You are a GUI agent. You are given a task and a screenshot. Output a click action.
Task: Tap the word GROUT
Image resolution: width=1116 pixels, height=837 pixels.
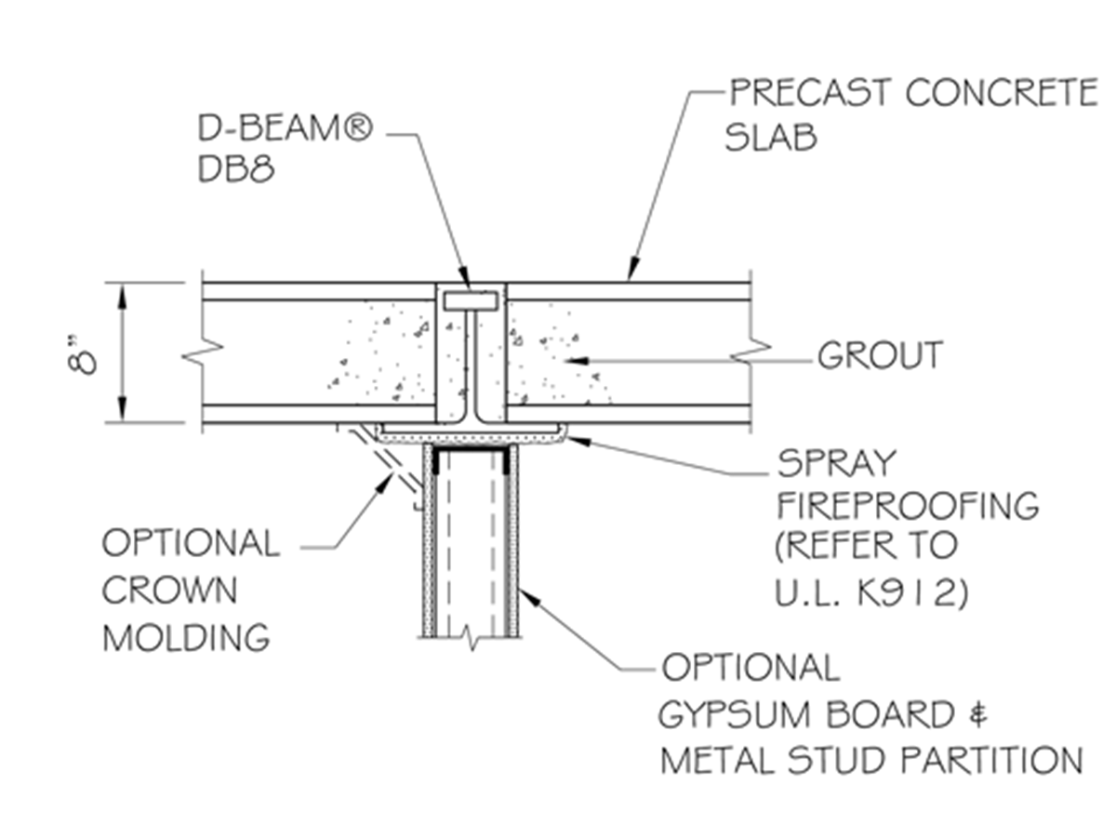pyautogui.click(x=880, y=355)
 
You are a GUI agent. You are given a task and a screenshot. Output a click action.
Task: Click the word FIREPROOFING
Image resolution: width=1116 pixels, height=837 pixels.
pyautogui.click(x=907, y=507)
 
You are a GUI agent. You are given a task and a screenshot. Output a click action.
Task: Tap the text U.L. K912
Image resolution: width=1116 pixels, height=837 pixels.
pyautogui.click(x=871, y=592)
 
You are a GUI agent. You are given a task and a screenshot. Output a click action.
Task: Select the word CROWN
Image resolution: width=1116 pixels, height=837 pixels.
pyautogui.click(x=169, y=591)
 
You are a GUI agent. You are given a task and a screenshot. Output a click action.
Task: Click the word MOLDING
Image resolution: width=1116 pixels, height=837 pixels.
pyautogui.click(x=186, y=638)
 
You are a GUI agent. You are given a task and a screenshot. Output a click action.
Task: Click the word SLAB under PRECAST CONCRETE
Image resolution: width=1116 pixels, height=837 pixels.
pyautogui.click(x=771, y=138)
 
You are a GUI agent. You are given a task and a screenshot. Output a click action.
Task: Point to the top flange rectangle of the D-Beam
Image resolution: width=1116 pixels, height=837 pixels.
pyautogui.click(x=471, y=301)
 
